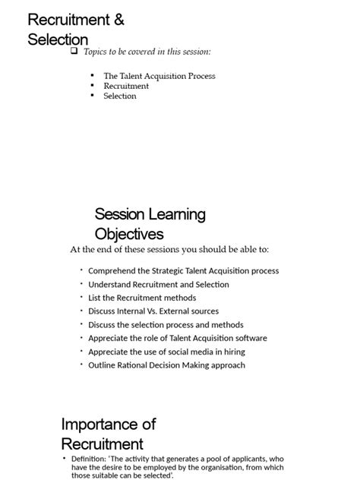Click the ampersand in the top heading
(118, 21)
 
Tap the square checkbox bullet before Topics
(74, 52)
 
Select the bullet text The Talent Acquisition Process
(159, 76)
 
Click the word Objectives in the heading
(129, 234)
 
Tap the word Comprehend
(113, 270)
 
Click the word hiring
(232, 352)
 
